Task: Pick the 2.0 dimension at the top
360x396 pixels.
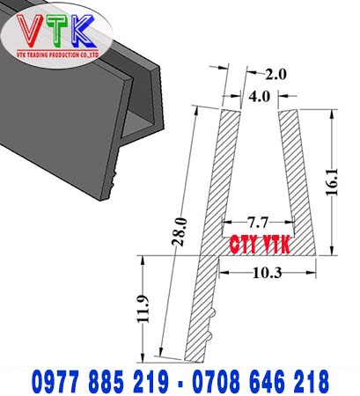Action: point(275,74)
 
